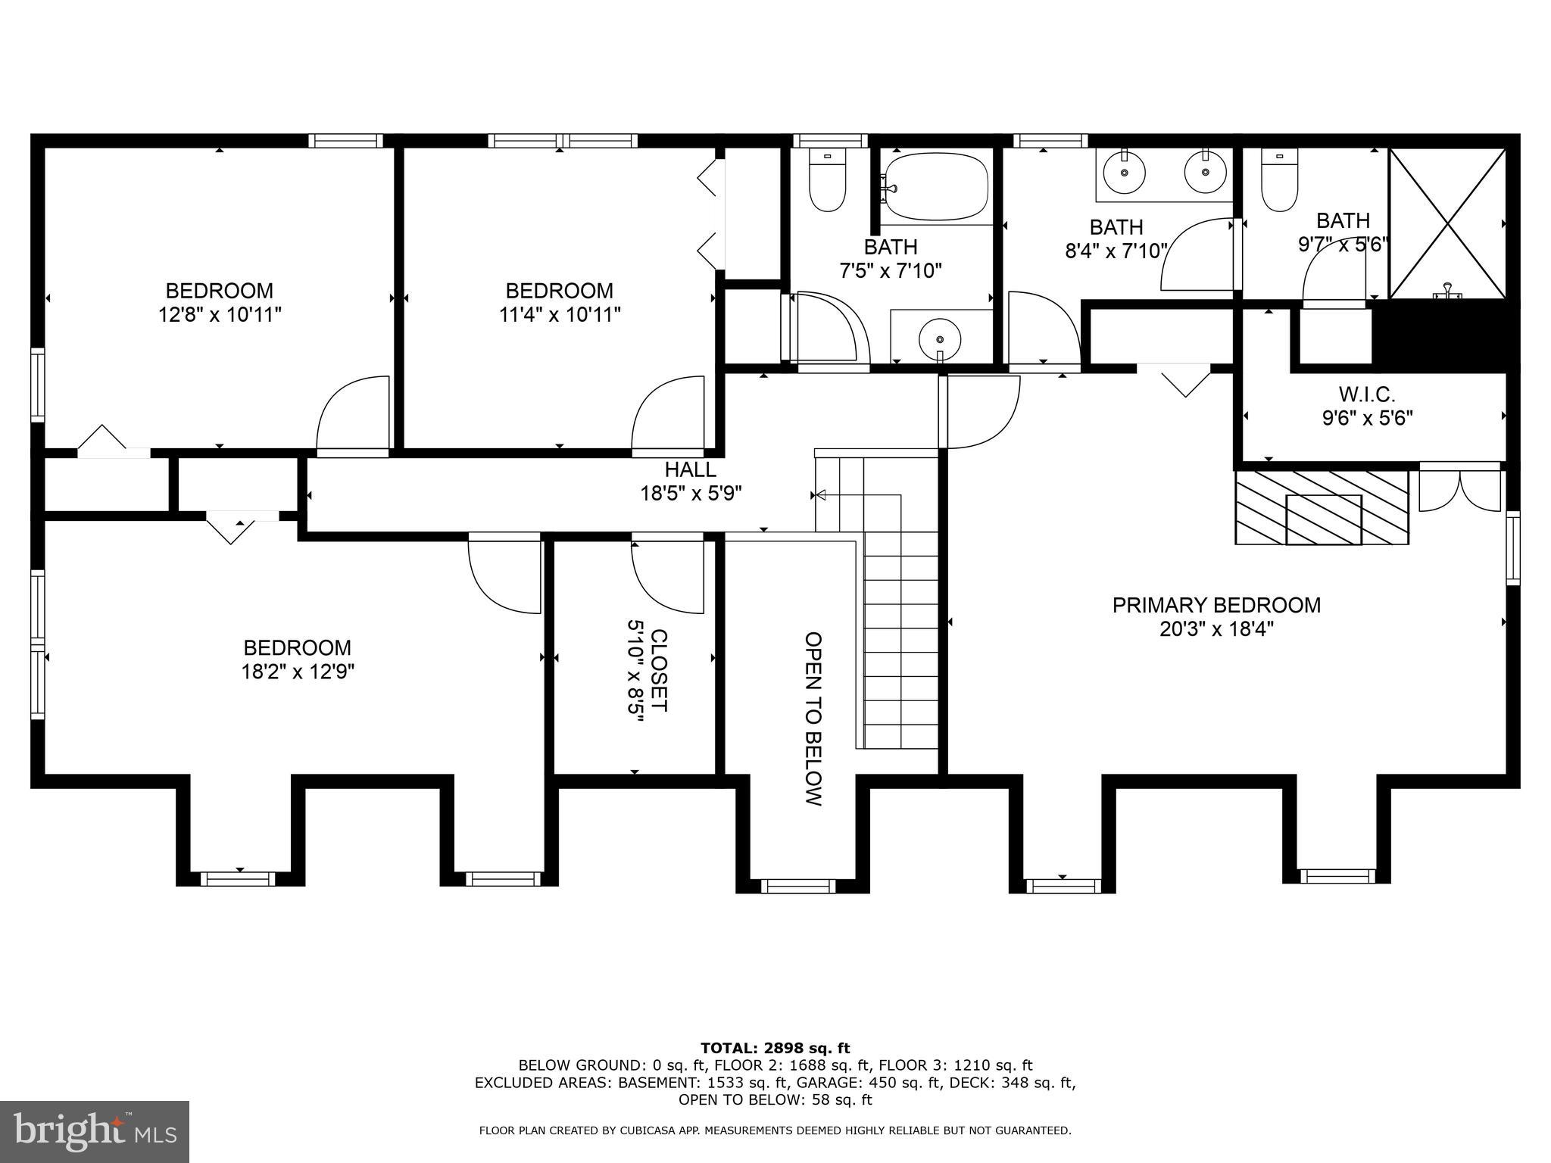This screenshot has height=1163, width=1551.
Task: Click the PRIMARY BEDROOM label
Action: [x=1216, y=606]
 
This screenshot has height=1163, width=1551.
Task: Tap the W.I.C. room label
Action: [x=1367, y=394]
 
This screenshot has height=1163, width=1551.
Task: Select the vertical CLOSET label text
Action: [x=658, y=670]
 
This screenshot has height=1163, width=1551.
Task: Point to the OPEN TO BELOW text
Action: [x=813, y=719]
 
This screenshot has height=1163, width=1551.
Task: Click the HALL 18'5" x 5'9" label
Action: [x=691, y=482]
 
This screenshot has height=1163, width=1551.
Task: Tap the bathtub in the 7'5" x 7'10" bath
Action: [x=937, y=187]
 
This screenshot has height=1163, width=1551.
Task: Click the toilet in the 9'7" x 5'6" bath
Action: [x=1279, y=180]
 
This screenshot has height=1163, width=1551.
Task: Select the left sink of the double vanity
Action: [x=1125, y=173]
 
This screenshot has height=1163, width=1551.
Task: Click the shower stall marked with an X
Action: [x=1447, y=223]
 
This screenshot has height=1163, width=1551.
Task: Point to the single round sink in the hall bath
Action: [x=940, y=334]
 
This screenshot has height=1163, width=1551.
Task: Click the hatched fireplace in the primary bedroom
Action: [x=1322, y=507]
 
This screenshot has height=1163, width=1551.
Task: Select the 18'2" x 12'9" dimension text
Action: [x=298, y=672]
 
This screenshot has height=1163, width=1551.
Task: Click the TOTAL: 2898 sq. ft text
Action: [x=775, y=1048]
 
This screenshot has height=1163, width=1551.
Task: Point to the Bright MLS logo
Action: [x=95, y=1131]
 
